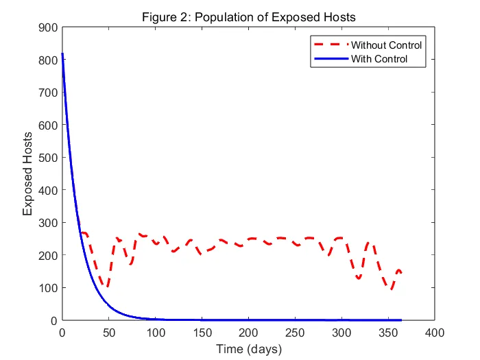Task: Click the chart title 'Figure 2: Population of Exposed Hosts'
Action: [249, 16]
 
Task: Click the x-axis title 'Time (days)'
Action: [249, 349]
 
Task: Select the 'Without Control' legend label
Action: [386, 45]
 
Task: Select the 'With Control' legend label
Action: [379, 59]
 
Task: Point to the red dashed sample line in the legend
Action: [332, 45]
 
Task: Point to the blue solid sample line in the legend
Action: [332, 59]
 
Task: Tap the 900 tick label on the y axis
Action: [47, 28]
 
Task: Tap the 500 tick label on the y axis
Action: [47, 158]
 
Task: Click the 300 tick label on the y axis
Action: [47, 223]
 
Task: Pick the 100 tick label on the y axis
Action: [47, 288]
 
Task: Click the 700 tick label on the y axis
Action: [47, 93]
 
